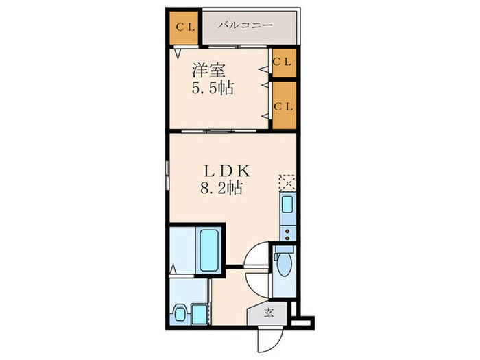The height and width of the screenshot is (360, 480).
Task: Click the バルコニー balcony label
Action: click(245, 25)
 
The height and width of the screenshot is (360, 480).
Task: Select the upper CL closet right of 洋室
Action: click(283, 60)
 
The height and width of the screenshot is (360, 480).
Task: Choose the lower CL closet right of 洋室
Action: click(283, 106)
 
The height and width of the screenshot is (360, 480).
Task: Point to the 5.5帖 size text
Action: click(209, 89)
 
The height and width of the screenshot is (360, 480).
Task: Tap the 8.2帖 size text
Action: click(219, 189)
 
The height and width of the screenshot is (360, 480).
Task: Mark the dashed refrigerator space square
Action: click(286, 182)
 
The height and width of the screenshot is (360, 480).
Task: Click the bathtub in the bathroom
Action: click(209, 251)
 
